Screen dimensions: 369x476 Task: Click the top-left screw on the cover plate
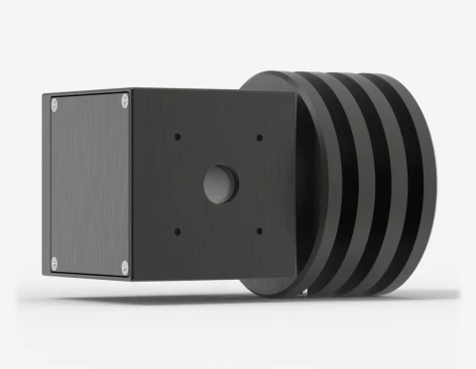(x=54, y=103)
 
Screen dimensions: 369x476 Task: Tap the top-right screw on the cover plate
(x=123, y=99)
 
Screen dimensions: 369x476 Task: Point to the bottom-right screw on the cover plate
(x=123, y=265)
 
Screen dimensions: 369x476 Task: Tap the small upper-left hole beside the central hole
(x=177, y=135)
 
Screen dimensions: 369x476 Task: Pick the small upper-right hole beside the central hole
(x=259, y=137)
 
